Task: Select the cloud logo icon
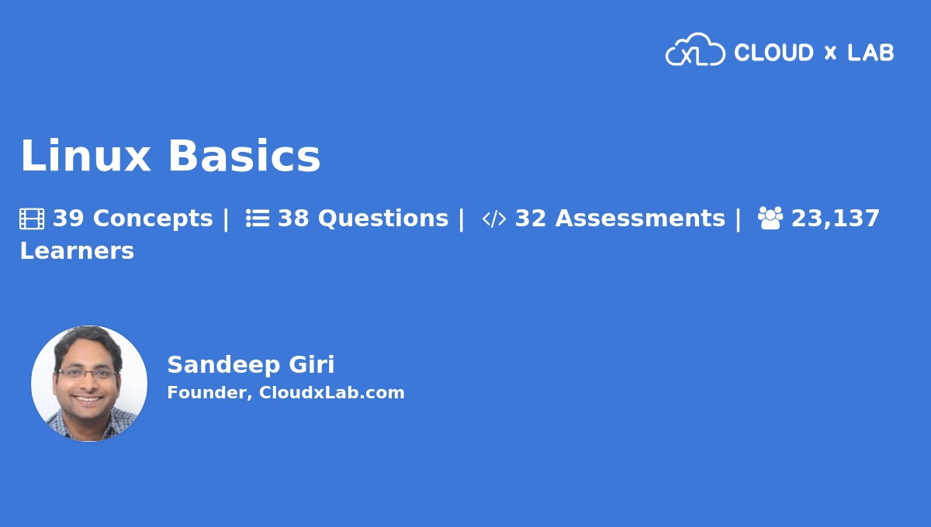tap(694, 50)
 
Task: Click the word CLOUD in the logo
tap(774, 53)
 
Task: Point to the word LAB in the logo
tap(870, 53)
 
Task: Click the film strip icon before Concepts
tap(32, 219)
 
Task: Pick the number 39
tap(68, 219)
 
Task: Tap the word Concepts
tap(153, 219)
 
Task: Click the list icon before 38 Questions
tap(258, 219)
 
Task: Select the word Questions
tap(383, 219)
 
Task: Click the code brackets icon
tap(493, 219)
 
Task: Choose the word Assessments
tap(640, 219)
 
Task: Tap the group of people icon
tap(770, 219)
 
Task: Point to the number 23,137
tap(836, 219)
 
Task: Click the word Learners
tap(77, 251)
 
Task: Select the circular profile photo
tap(89, 384)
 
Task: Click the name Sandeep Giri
tap(251, 364)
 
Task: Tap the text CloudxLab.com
tap(331, 393)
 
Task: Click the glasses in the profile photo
tap(87, 373)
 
